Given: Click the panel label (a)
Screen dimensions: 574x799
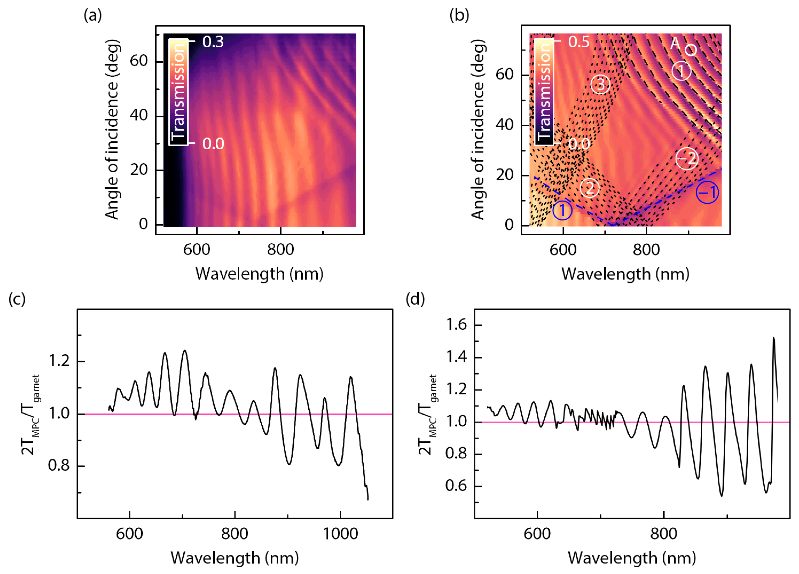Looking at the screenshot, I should (93, 15).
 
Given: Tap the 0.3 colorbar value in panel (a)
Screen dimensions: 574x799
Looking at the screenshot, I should (213, 42).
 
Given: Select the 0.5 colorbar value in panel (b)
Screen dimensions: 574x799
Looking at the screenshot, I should (578, 42).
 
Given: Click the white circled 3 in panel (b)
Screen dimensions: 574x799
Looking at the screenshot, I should (600, 84).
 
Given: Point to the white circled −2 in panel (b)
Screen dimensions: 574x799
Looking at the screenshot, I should (687, 159).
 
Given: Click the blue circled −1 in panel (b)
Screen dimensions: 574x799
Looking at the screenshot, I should (707, 192).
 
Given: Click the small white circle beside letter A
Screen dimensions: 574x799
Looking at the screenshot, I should (691, 50).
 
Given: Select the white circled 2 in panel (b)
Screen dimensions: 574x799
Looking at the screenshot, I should (589, 188).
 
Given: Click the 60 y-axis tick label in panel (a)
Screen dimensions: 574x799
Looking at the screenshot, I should (138, 61).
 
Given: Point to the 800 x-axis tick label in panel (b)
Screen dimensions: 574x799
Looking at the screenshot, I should (646, 250).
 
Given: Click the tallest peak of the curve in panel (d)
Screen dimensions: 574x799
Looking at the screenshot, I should (773, 338).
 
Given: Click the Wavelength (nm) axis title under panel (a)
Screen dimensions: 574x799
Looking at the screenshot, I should (259, 274).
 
